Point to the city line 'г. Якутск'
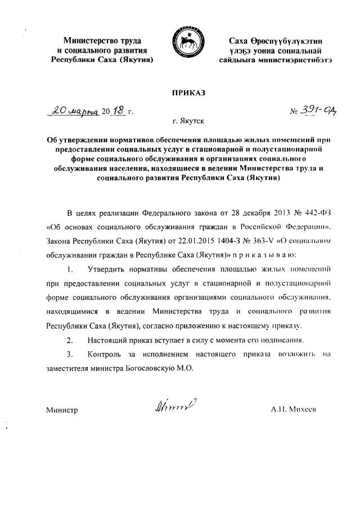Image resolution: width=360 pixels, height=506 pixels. (x=188, y=121)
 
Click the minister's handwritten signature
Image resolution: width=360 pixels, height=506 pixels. (x=172, y=405)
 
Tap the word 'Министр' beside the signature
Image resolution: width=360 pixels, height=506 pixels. (x=62, y=410)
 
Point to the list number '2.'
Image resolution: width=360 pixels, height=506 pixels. (x=70, y=341)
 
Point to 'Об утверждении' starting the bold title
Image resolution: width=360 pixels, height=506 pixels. (x=75, y=139)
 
